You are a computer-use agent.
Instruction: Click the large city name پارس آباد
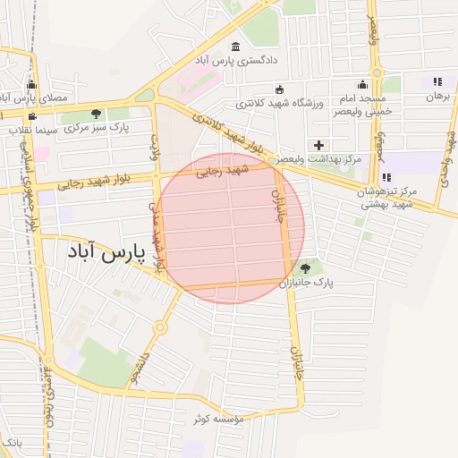coord(106,254)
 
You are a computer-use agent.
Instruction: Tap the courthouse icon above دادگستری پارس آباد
coord(235,47)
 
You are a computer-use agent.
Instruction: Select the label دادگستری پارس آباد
coord(235,60)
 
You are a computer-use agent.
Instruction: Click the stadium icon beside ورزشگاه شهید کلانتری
coord(279,89)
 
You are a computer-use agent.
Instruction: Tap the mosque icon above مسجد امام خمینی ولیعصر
coord(362,84)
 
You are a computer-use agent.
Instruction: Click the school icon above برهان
coord(437,81)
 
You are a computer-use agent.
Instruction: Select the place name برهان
coord(436,95)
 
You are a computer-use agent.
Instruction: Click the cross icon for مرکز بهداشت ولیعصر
coord(318,145)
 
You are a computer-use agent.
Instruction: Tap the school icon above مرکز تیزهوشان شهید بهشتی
coord(386,178)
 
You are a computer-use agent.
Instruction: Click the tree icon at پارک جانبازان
coord(306,267)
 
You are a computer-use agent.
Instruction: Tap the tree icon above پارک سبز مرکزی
coord(96,114)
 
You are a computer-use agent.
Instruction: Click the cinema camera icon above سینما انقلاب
coord(33,116)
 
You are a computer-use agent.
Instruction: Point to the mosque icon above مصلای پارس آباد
coord(31,84)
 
